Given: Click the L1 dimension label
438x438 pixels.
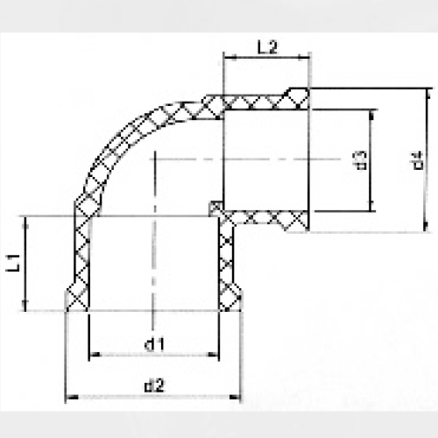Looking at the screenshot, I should [12, 260].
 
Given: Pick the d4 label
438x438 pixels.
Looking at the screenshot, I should [418, 160].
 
